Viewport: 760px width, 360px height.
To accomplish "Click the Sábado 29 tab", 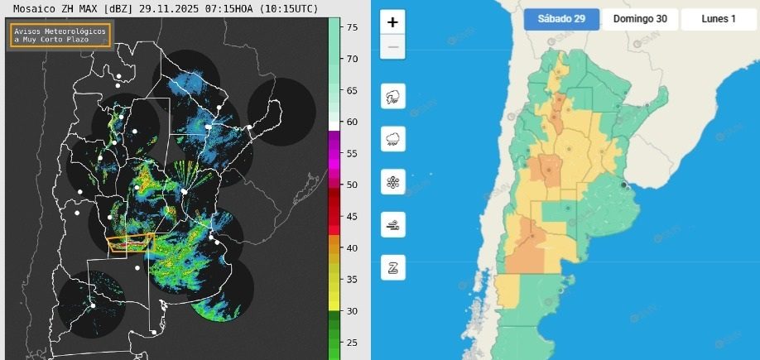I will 561,19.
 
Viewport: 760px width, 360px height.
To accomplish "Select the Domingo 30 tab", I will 640,19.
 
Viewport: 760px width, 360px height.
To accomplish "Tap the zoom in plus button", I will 392,22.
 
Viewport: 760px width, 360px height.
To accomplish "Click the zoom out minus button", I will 392,47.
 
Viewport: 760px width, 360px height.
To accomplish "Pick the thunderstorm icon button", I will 392,98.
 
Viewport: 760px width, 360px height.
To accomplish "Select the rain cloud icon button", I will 392,140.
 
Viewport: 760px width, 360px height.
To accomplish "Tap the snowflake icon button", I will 392,182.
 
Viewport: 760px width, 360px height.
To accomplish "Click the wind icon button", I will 392,224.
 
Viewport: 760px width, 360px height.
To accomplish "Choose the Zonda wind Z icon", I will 392,267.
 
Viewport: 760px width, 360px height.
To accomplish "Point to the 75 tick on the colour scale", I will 353,27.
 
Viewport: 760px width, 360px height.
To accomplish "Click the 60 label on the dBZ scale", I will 353,122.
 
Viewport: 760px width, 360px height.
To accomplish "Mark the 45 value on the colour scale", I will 353,216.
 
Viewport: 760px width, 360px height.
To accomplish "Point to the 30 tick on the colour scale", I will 353,310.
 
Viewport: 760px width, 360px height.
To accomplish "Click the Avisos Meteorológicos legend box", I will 60,35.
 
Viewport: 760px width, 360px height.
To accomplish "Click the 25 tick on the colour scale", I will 353,342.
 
